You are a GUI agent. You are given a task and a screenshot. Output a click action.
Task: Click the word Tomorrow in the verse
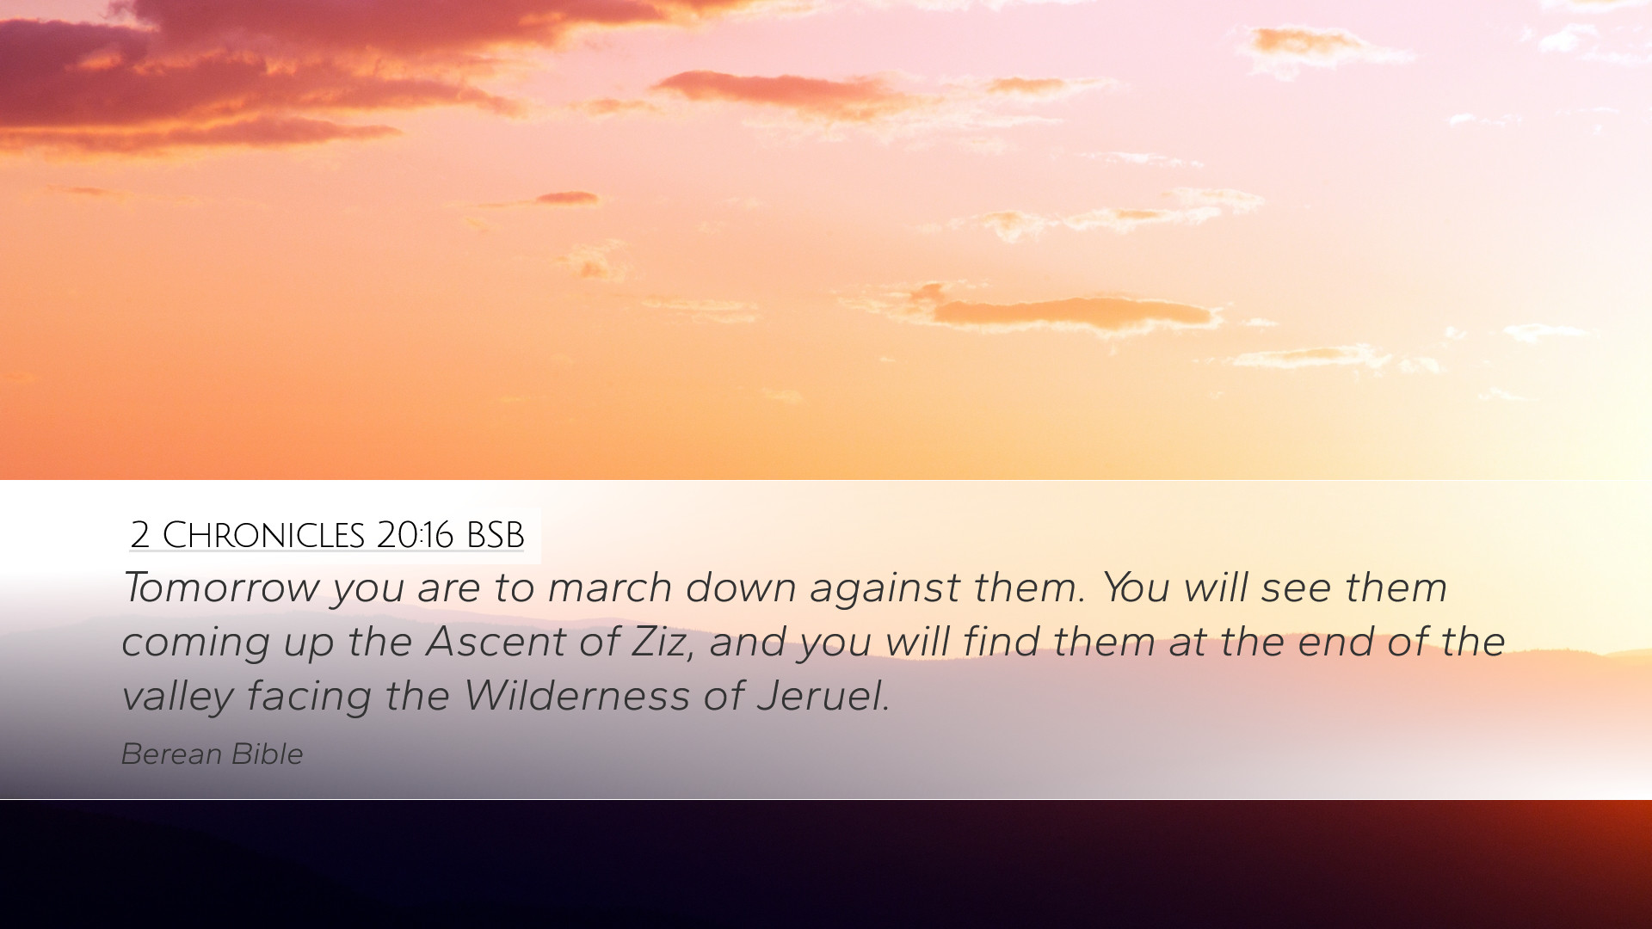(221, 588)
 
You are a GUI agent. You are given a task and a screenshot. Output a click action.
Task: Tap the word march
(609, 588)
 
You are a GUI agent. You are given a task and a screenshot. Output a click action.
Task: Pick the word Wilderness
(576, 696)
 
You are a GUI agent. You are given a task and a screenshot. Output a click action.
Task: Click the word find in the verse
(1001, 642)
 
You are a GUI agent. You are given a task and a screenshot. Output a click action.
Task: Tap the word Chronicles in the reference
(263, 535)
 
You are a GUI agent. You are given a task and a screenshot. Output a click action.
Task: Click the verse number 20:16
(415, 535)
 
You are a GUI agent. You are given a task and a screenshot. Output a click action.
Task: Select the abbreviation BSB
(495, 535)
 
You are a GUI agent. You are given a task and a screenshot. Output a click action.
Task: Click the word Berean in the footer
(171, 754)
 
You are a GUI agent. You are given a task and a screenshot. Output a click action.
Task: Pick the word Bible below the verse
(268, 754)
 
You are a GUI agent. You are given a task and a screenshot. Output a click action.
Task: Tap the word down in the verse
(741, 588)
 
